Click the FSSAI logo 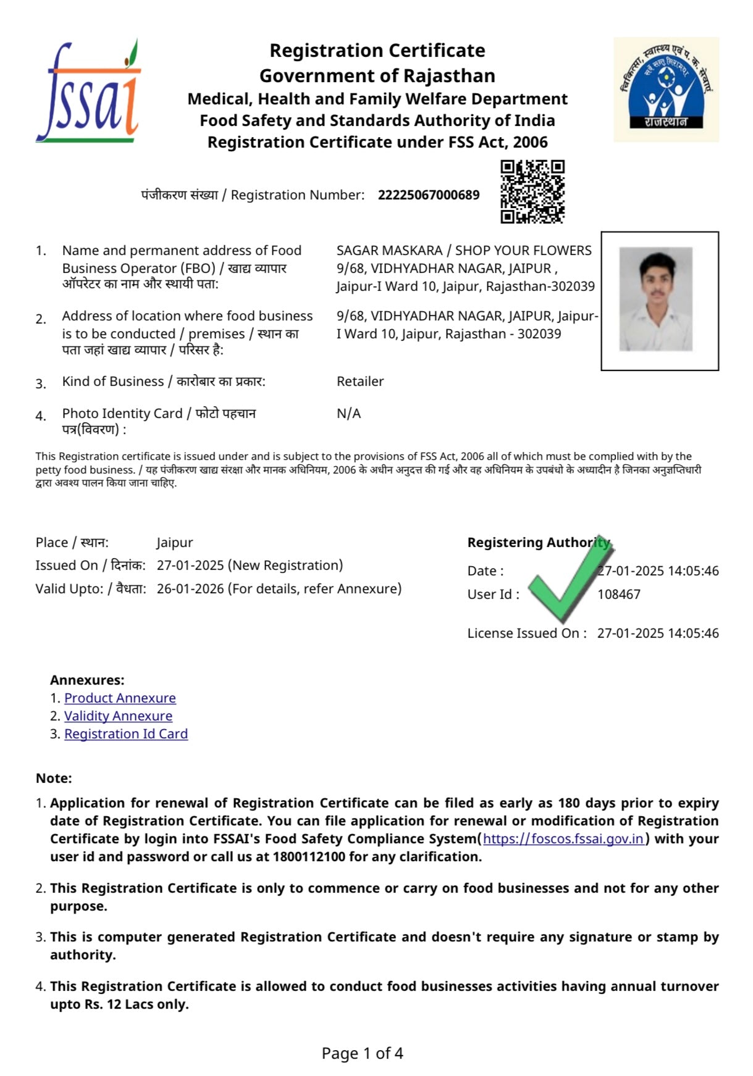88,91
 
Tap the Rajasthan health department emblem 666,89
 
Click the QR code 532,191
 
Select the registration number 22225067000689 429,195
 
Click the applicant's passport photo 656,299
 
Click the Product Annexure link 120,698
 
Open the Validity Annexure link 118,716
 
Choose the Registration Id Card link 126,734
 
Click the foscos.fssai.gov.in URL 563,839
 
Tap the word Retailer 360,382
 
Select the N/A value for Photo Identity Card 348,414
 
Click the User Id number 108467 618,594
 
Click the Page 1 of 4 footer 362,1053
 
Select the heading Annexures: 87,680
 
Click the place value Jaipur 175,543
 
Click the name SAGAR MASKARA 389,251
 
